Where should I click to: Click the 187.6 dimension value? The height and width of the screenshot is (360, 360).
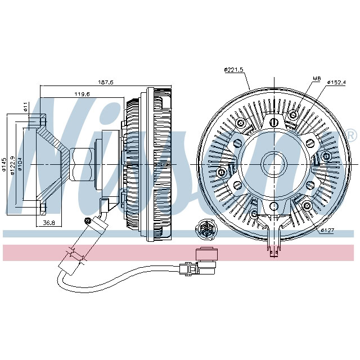click(x=105, y=82)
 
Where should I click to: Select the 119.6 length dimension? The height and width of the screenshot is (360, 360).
click(x=83, y=94)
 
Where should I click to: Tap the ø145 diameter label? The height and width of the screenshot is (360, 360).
click(x=4, y=164)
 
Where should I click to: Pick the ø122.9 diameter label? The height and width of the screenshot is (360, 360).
click(x=12, y=165)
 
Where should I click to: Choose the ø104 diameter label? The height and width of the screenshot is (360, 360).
click(x=21, y=165)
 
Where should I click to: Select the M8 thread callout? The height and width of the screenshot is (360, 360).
click(x=316, y=78)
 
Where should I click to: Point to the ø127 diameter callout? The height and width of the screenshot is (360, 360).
click(x=328, y=230)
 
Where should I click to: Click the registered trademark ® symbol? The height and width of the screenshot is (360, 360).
click(x=350, y=136)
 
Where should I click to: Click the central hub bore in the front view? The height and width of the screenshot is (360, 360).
click(x=275, y=164)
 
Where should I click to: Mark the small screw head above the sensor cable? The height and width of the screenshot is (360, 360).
click(x=87, y=219)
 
